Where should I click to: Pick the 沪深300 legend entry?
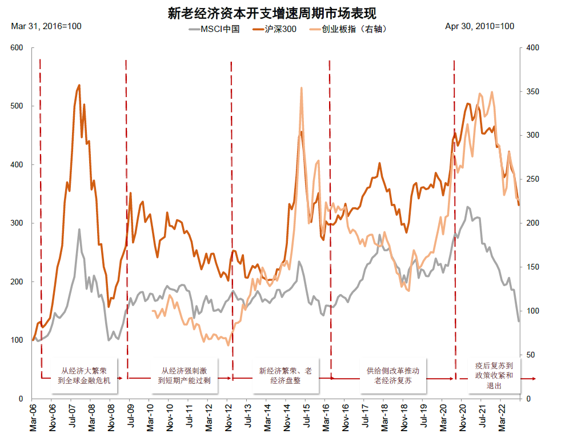click(275, 29)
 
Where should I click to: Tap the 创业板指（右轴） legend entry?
click(346, 29)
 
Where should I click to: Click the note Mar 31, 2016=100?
click(46, 26)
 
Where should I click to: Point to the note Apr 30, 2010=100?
click(479, 26)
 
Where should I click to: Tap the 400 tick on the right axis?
click(532, 48)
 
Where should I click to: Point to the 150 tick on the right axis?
click(532, 267)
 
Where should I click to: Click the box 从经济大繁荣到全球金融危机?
click(85, 376)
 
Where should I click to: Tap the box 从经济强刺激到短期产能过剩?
click(184, 376)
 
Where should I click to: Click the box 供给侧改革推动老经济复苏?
click(393, 376)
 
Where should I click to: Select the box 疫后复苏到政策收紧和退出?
click(494, 376)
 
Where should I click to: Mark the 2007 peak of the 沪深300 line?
click(79, 85)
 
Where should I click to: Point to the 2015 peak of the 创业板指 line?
click(301, 88)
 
